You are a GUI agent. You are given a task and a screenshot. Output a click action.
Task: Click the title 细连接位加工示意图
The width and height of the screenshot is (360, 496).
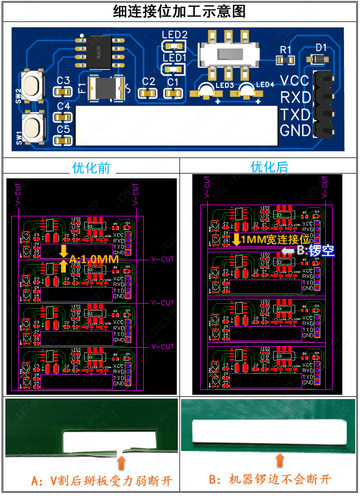(179, 11)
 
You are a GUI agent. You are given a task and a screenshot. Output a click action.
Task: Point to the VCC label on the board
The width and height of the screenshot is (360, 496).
(295, 81)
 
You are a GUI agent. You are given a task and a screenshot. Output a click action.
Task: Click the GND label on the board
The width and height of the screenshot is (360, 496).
(295, 130)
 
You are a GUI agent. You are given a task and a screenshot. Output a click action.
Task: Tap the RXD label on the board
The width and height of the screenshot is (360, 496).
(295, 97)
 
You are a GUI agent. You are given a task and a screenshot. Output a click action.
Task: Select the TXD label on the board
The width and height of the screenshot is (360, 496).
(295, 114)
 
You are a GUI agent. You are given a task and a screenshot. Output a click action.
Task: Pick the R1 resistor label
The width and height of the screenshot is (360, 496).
(286, 49)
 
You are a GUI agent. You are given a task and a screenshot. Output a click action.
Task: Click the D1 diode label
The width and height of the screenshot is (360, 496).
(320, 47)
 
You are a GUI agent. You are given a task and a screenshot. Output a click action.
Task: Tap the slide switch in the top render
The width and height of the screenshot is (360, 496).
(229, 54)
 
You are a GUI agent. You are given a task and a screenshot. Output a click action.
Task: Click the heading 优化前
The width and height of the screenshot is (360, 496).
(91, 168)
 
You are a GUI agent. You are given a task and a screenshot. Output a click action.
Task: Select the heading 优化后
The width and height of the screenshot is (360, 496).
(269, 167)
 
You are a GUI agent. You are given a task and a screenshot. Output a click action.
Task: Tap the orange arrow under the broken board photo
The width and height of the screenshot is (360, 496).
(122, 462)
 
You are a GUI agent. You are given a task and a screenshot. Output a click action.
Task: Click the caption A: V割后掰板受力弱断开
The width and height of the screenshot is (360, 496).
(102, 480)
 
